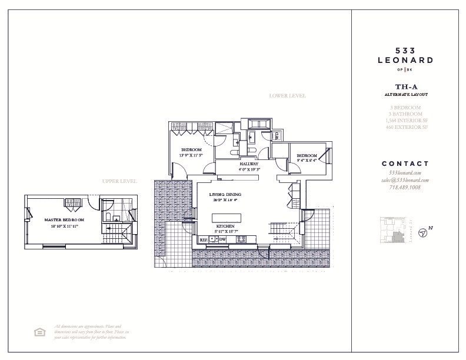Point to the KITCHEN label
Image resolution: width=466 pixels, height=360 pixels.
coord(225,226)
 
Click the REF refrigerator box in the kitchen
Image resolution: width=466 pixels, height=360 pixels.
coord(204,240)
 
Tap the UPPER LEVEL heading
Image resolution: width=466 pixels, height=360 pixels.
coord(119,181)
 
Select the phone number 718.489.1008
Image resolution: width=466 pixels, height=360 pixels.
coord(405,188)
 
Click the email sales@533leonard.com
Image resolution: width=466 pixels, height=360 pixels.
coord(405,180)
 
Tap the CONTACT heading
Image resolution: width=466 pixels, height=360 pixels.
coord(405,164)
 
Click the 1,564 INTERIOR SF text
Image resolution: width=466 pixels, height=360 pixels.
coord(405,120)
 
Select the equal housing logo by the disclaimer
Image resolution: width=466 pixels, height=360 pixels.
coord(39,332)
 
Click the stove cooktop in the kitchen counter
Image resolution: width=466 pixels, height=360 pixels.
coord(214,240)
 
